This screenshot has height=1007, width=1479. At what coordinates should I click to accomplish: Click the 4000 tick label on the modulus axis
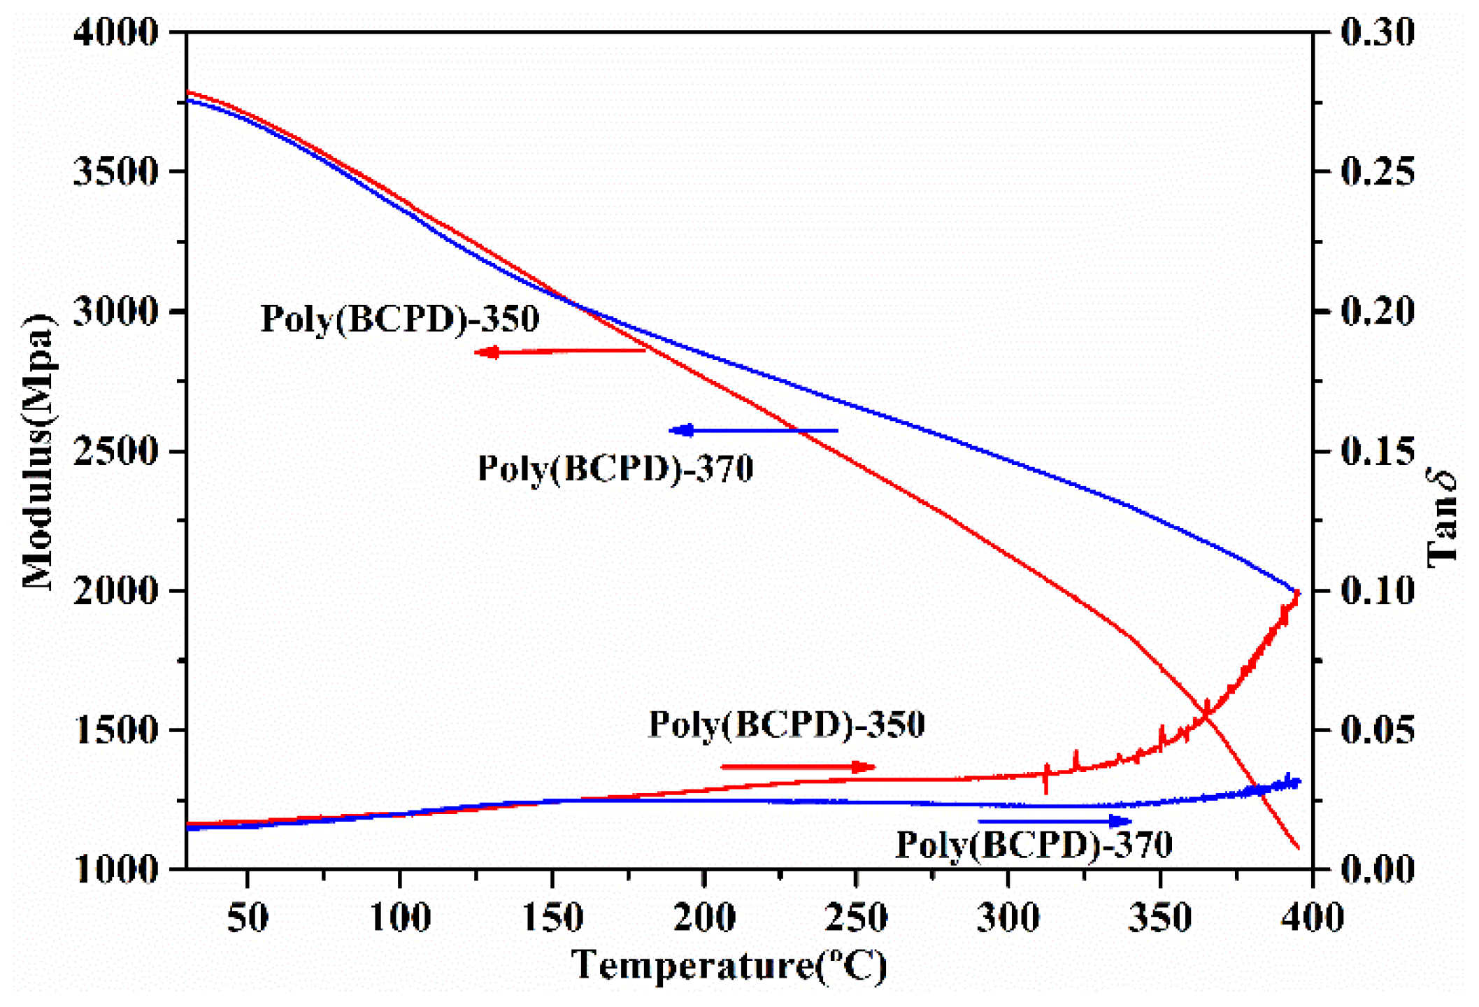point(115,32)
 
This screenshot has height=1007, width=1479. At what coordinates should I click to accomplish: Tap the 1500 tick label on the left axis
point(115,730)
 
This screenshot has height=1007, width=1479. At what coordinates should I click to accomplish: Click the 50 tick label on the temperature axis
point(248,917)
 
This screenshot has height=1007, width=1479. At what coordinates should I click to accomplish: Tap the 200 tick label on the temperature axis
point(704,917)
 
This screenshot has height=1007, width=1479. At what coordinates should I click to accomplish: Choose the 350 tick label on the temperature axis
point(1160,917)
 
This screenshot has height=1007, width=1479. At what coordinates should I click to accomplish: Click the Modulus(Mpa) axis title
point(38,451)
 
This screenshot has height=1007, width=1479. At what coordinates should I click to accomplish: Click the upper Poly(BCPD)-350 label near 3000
point(399,320)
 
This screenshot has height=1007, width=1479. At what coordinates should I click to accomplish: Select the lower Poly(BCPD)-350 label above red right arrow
point(787,724)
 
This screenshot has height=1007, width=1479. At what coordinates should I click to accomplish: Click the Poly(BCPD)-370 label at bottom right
point(1034,845)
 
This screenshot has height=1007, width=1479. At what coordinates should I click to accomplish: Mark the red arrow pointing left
point(559,352)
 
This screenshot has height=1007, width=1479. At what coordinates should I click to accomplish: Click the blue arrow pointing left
point(753,431)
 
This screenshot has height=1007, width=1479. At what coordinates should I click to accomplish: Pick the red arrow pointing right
point(797,767)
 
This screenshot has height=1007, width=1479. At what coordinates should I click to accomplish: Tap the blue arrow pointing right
point(1055,821)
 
